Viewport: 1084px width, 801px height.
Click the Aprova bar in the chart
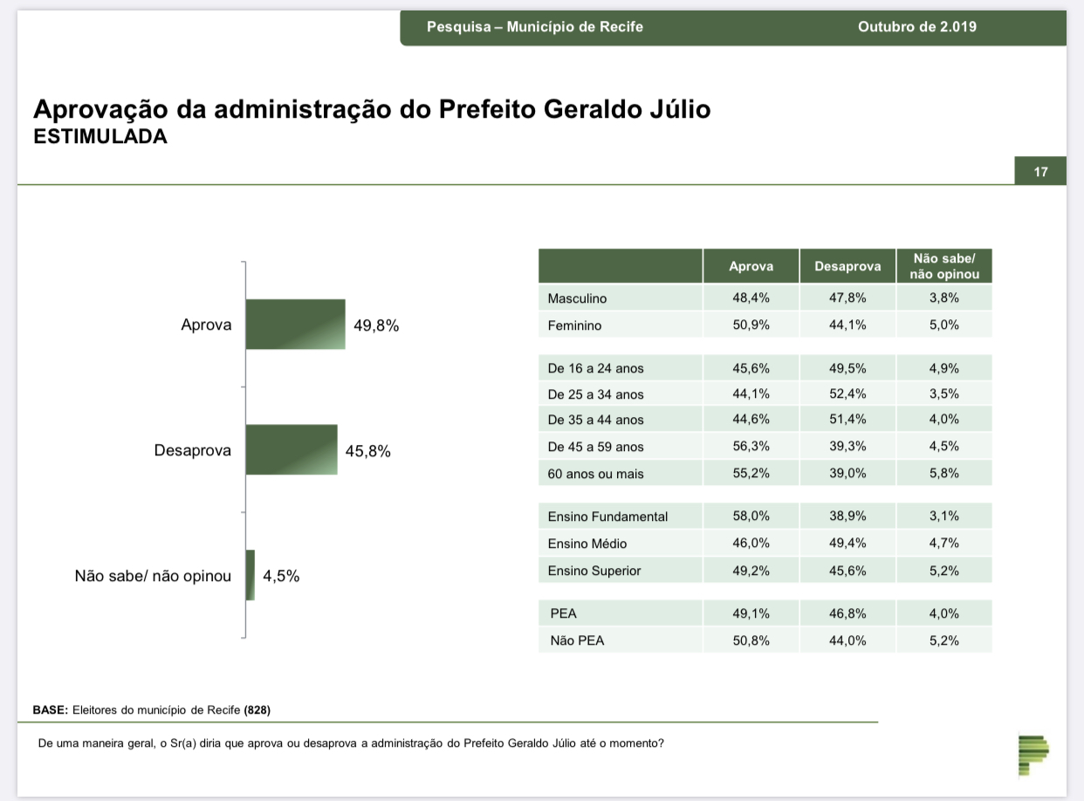coord(295,324)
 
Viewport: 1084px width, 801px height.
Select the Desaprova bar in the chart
coord(292,449)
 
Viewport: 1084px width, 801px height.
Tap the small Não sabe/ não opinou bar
coord(250,575)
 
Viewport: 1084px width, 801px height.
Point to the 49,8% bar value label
coord(376,325)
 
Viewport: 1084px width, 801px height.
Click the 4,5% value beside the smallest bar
coord(281,576)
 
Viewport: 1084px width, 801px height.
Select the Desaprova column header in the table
coord(847,266)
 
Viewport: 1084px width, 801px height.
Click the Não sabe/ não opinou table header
coord(944,266)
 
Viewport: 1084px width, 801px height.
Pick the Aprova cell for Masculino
coord(751,298)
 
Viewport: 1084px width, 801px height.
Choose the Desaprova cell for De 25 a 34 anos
coord(847,394)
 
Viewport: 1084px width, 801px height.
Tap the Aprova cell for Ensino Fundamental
coord(751,516)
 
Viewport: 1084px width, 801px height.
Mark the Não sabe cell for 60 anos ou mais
coord(944,473)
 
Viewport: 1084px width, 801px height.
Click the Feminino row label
coord(574,325)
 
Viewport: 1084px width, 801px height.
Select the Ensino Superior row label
coord(593,571)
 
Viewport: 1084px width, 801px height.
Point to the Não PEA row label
coord(577,640)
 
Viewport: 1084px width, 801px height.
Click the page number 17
coord(1040,172)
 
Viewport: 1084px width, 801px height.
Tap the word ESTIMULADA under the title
coord(100,137)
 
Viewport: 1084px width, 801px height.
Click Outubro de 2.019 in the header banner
coord(917,27)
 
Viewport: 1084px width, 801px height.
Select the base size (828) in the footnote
coord(257,709)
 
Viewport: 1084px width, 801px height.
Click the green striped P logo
coord(1033,755)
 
